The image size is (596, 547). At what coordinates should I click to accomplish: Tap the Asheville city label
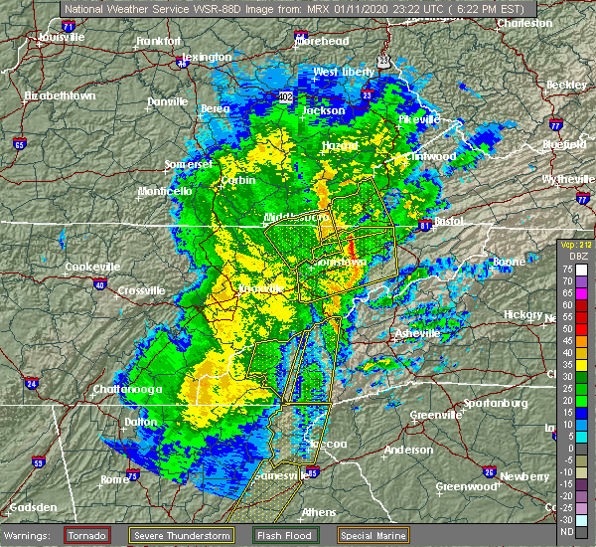click(x=416, y=333)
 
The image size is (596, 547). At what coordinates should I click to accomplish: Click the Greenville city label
click(x=437, y=414)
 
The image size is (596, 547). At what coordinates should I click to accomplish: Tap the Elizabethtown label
click(x=59, y=95)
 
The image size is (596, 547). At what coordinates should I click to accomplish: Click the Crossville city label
click(x=139, y=289)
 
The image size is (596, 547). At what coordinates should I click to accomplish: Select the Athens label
click(x=318, y=512)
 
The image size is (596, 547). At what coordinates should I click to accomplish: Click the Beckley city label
click(x=566, y=86)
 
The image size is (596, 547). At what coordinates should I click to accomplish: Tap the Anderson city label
click(x=408, y=450)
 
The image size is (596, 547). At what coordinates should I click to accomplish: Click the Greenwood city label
click(x=465, y=486)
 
